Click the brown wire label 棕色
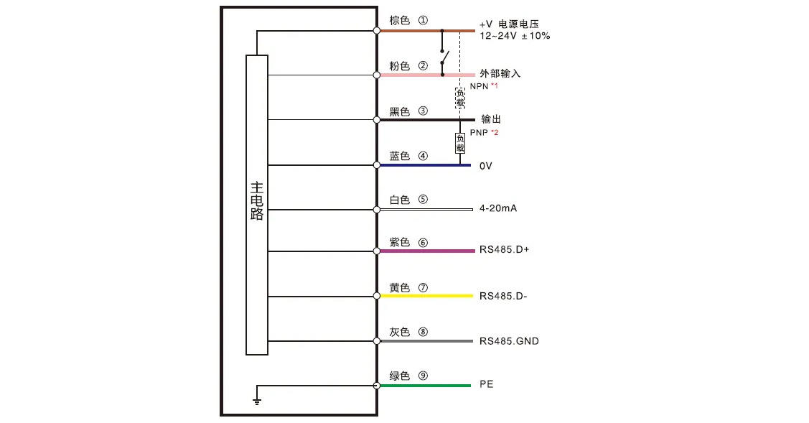pos(399,21)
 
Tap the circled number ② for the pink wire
pos(423,66)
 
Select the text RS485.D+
pos(504,250)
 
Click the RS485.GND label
pos(509,340)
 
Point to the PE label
pos(487,384)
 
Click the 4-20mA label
pos(498,208)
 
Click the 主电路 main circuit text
pos(257,201)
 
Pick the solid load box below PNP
pos(460,143)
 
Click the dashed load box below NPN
pos(460,98)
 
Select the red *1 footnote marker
pos(494,86)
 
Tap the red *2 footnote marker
pos(495,133)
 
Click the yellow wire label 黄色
pos(399,288)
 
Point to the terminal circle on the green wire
pos(377,386)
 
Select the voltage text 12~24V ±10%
pos(515,35)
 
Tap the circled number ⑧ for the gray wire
pos(423,332)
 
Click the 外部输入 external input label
pos(500,73)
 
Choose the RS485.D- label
pos(503,296)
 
